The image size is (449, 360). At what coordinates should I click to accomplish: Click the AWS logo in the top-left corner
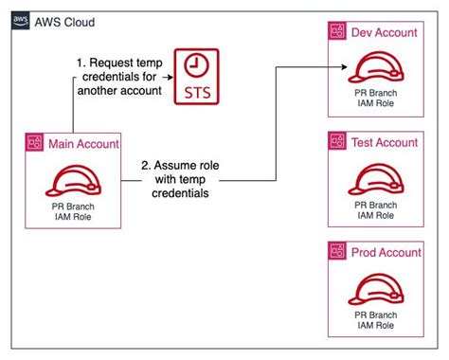click(19, 19)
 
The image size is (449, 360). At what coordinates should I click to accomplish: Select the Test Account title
click(383, 142)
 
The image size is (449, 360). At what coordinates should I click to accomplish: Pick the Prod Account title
click(384, 252)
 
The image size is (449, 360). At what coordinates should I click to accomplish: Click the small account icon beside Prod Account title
click(335, 252)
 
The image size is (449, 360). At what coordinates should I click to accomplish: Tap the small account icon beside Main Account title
click(35, 143)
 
